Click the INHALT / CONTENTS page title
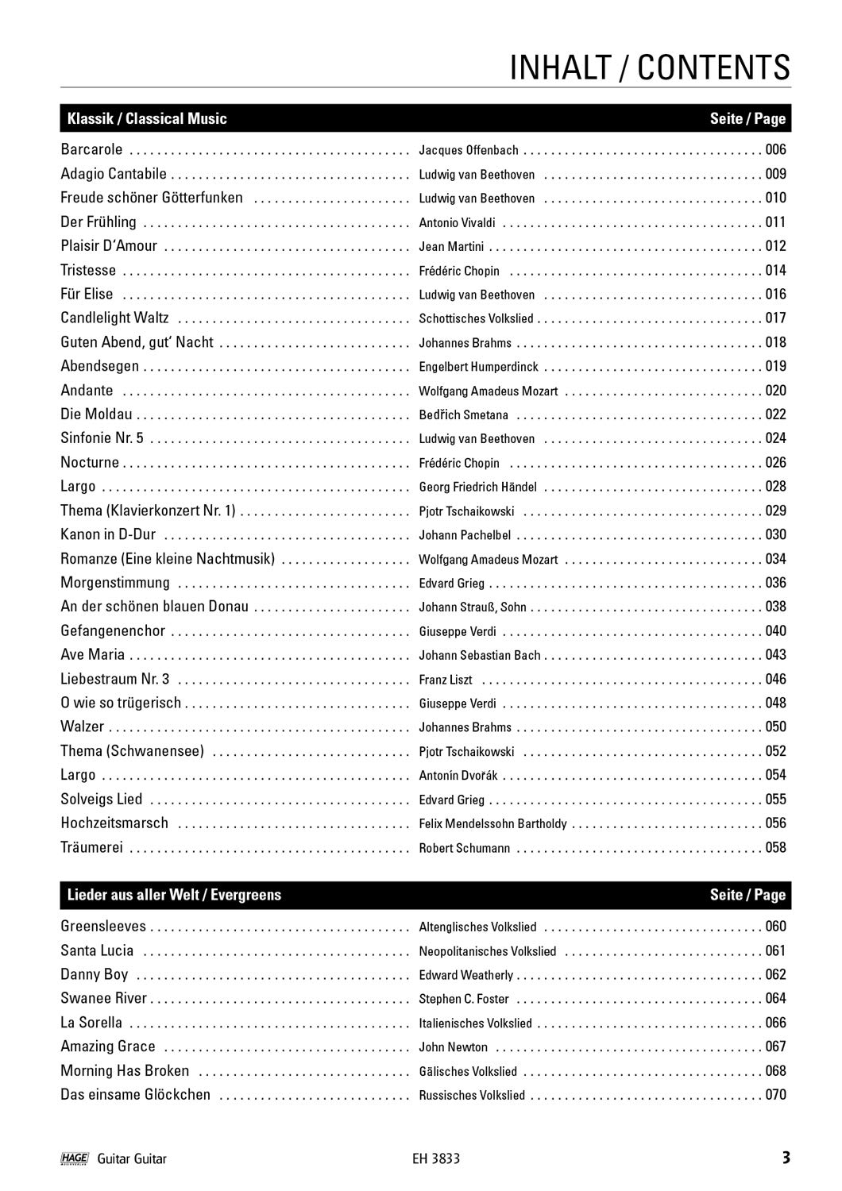tap(649, 68)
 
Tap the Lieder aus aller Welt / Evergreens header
tap(171, 895)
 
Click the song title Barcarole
tap(92, 149)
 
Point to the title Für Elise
tap(87, 294)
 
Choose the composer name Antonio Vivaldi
tap(457, 222)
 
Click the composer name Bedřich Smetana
tap(463, 414)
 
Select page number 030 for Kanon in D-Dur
tap(775, 534)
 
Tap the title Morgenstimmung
tap(115, 583)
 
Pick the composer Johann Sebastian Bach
tap(479, 655)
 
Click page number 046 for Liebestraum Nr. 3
tap(775, 679)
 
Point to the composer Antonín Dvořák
tap(458, 775)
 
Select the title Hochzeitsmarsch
tap(114, 823)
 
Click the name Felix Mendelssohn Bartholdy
tap(492, 823)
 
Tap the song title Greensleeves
tap(103, 926)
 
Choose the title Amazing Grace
tap(108, 1046)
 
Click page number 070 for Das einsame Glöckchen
tap(775, 1094)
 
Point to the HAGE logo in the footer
tap(74, 1158)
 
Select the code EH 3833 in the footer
tap(431, 1158)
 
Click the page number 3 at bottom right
tap(786, 1158)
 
